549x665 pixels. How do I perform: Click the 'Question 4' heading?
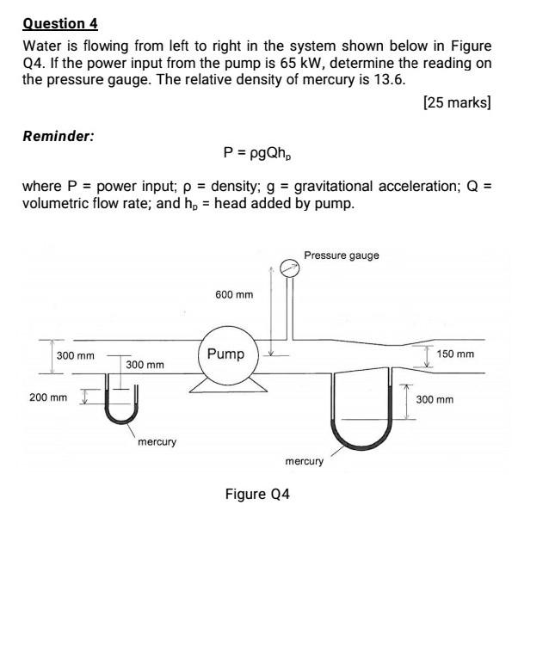(60, 23)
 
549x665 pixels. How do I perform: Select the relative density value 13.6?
(386, 80)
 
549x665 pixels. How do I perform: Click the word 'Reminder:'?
(59, 136)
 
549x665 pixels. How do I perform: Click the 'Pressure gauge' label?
(341, 256)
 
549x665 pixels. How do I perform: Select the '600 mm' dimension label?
(234, 295)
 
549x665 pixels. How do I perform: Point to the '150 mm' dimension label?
(455, 354)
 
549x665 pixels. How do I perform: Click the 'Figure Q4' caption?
(258, 495)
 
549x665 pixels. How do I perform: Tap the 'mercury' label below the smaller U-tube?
(157, 442)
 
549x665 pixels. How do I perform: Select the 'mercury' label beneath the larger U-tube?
(304, 462)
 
